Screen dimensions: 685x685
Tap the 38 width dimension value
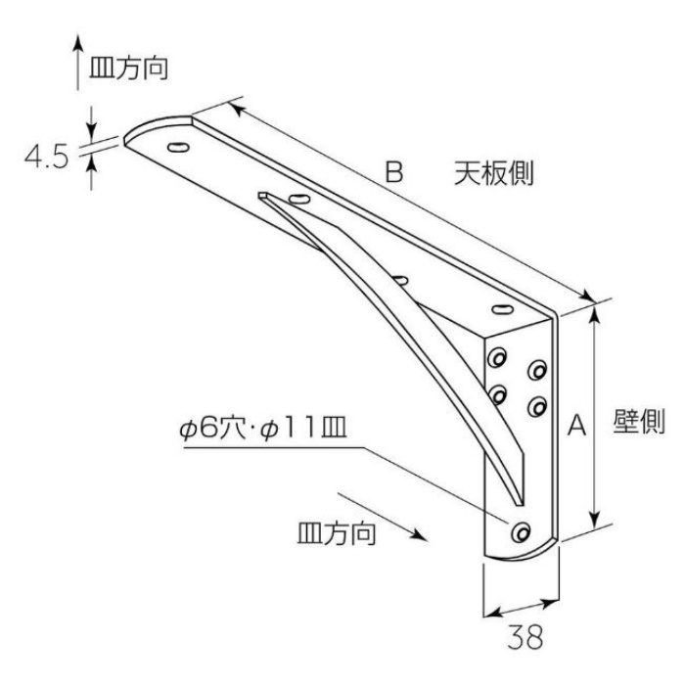[525, 636]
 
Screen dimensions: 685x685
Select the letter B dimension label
[394, 172]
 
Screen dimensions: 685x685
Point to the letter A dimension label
[576, 425]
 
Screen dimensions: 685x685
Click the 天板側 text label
[493, 173]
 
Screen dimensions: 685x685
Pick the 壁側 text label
[639, 421]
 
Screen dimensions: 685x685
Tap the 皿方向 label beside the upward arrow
[128, 68]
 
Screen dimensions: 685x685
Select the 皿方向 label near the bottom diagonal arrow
[337, 533]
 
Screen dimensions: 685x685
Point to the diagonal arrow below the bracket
[383, 517]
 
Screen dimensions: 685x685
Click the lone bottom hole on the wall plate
[521, 531]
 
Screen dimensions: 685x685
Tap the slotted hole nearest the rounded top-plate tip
[178, 147]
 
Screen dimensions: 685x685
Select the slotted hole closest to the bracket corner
[502, 309]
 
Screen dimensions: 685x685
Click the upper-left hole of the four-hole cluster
[497, 358]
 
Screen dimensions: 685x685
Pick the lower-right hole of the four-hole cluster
[537, 406]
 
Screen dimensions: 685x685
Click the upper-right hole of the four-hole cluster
[537, 370]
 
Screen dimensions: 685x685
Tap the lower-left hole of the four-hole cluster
[497, 394]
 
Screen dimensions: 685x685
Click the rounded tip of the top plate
[131, 133]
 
